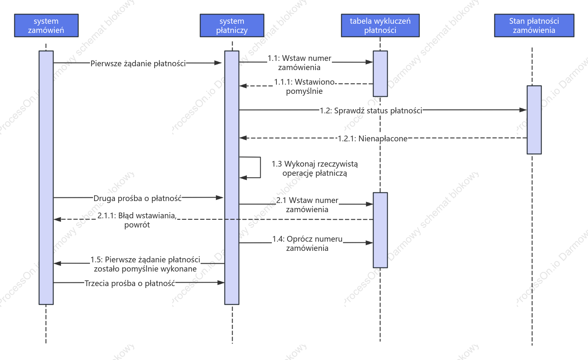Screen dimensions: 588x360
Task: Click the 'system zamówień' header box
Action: pyautogui.click(x=46, y=26)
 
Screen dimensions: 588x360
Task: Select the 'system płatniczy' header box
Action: pyautogui.click(x=232, y=26)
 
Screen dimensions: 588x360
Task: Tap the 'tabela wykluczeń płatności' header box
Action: pyautogui.click(x=380, y=26)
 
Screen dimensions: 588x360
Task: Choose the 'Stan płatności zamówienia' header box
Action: pyautogui.click(x=534, y=26)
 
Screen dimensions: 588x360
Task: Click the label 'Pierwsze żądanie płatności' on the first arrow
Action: pyautogui.click(x=138, y=64)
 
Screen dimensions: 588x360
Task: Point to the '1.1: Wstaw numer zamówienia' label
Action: pyautogui.click(x=299, y=63)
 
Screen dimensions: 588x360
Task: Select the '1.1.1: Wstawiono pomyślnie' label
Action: pyautogui.click(x=304, y=87)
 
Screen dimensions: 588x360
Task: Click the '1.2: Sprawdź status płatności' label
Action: pyautogui.click(x=371, y=111)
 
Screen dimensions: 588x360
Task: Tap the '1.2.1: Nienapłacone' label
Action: pyautogui.click(x=372, y=138)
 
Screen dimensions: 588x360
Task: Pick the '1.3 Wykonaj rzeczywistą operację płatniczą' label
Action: pyautogui.click(x=314, y=168)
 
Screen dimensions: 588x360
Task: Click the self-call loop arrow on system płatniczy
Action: pyautogui.click(x=260, y=167)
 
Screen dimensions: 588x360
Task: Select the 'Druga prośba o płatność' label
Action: pyautogui.click(x=137, y=198)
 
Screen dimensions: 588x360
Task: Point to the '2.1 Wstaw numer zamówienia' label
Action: pyautogui.click(x=307, y=205)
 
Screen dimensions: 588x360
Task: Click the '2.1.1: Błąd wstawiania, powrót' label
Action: pyautogui.click(x=137, y=220)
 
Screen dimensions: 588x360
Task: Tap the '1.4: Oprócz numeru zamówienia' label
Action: pyautogui.click(x=307, y=244)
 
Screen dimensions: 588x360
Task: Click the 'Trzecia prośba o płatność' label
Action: pyautogui.click(x=130, y=283)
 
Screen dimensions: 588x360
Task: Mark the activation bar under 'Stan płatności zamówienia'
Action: pyautogui.click(x=534, y=120)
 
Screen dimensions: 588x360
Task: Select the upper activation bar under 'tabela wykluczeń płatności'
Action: pyautogui.click(x=381, y=74)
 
